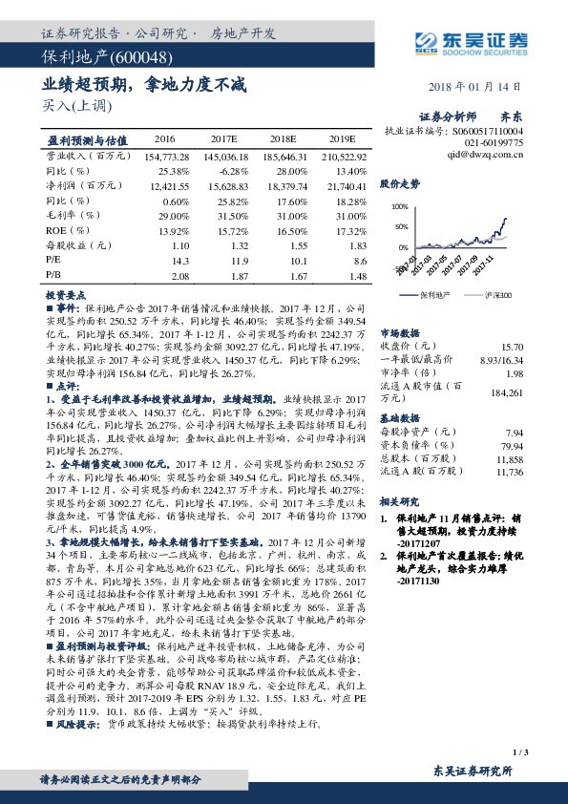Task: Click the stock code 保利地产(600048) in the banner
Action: tap(92, 59)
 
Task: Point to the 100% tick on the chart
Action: tap(400, 206)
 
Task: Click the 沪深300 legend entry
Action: tap(495, 295)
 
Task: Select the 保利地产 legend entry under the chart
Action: tap(433, 295)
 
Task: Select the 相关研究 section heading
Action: tap(400, 501)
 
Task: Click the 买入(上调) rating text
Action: tap(73, 107)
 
